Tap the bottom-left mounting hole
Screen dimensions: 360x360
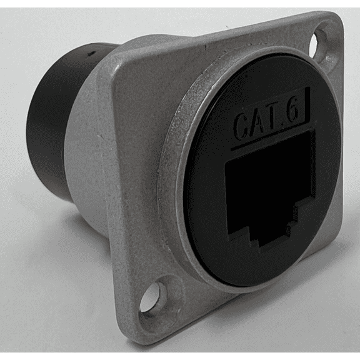153,297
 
